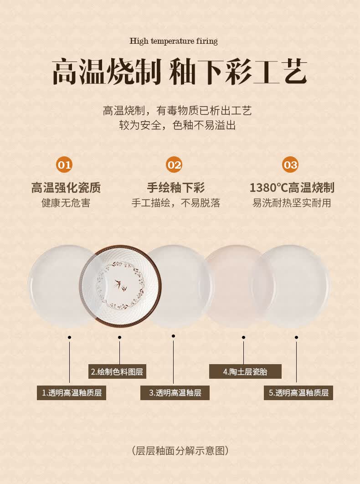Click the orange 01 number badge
click(64, 165)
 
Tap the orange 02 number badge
click(174, 165)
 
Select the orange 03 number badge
click(290, 165)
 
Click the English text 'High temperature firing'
click(174, 41)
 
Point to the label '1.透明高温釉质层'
click(72, 393)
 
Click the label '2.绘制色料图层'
click(117, 371)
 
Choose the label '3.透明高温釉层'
click(175, 393)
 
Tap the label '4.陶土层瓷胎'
click(245, 371)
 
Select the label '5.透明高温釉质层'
click(298, 393)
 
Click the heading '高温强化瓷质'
click(66, 187)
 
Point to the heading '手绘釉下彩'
click(176, 187)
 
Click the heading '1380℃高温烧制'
click(292, 187)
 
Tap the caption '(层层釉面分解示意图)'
click(180, 451)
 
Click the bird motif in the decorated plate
click(120, 285)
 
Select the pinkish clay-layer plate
click(238, 285)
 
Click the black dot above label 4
click(244, 337)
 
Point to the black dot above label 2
click(119, 337)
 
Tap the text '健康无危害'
click(66, 203)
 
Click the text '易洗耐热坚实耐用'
click(292, 203)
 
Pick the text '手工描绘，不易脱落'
click(176, 203)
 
